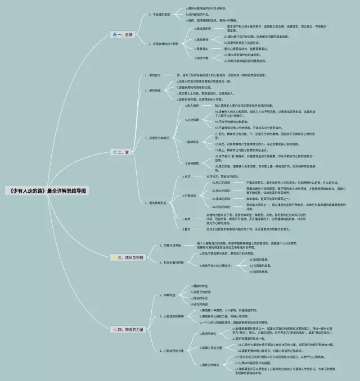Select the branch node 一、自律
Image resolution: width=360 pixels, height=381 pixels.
pos(124,34)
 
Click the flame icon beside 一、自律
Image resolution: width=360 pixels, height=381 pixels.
pos(114,34)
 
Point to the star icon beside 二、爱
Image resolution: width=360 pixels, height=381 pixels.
pos(114,152)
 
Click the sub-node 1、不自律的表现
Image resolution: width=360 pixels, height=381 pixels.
pos(160,14)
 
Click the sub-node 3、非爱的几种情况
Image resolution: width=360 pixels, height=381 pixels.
pos(160,138)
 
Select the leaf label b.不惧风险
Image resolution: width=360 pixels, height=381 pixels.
pos(194,196)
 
